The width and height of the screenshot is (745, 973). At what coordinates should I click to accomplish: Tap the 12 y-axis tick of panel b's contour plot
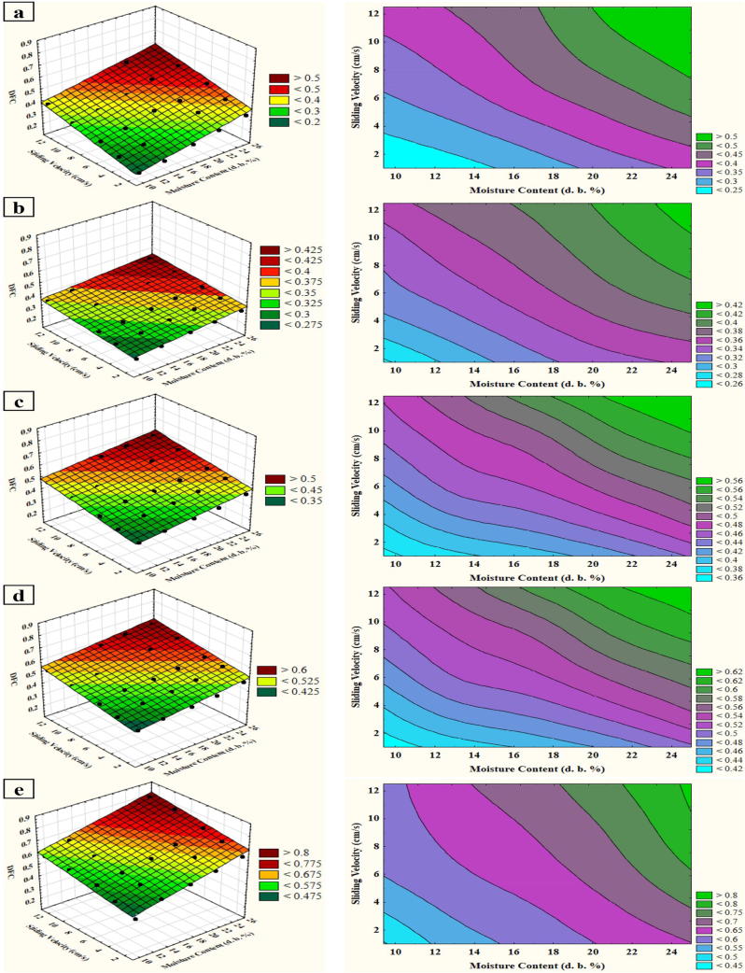[x=370, y=208]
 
